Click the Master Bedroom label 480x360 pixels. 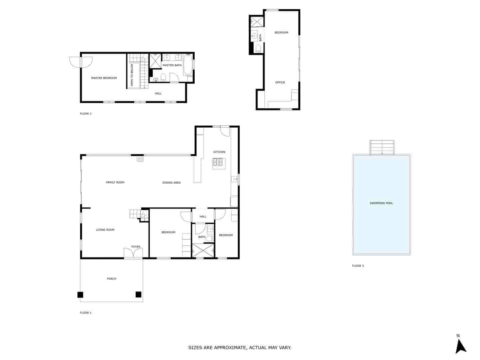(x=104, y=78)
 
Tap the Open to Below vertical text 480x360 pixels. (x=132, y=75)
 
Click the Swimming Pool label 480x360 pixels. (x=381, y=203)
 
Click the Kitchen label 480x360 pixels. (x=219, y=152)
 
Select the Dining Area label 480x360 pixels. (x=172, y=183)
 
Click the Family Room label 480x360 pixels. (x=115, y=182)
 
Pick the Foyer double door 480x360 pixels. (x=133, y=253)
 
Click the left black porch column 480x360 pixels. (x=80, y=295)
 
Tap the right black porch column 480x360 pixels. (x=138, y=294)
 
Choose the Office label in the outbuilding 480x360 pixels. (x=280, y=82)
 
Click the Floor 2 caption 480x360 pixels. (x=86, y=114)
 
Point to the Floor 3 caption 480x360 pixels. (x=358, y=266)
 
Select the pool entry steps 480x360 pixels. (x=382, y=147)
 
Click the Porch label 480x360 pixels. (x=112, y=279)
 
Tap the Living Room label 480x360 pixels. (x=105, y=230)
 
